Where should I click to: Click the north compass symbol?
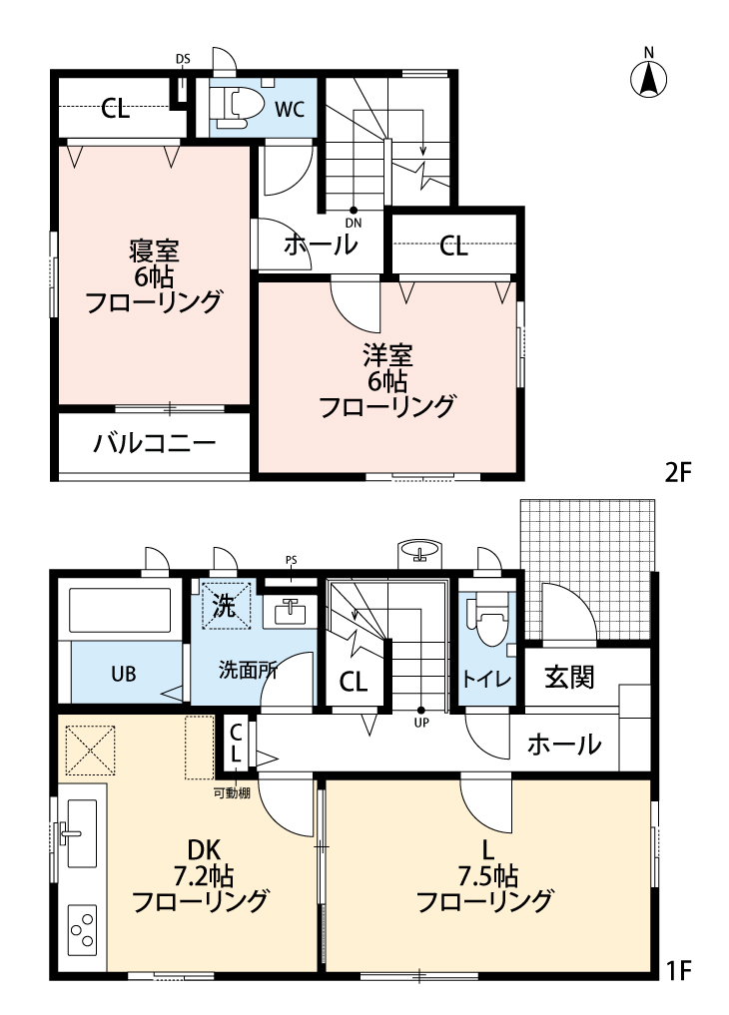click(649, 76)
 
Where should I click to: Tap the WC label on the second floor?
click(289, 109)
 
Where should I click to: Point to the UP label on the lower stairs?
click(420, 723)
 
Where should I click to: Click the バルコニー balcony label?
click(155, 443)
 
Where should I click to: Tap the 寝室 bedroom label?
click(153, 250)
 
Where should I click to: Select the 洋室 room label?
click(387, 354)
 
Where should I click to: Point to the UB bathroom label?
click(123, 673)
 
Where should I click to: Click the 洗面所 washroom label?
click(249, 670)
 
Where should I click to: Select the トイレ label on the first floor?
click(487, 679)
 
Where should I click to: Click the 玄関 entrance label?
click(569, 677)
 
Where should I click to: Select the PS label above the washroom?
click(291, 559)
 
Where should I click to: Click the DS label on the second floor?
click(183, 59)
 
